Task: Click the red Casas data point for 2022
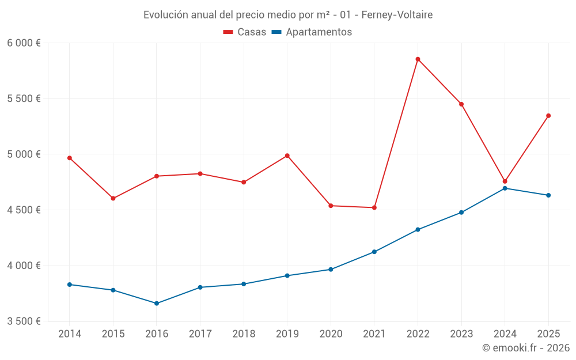click(418, 59)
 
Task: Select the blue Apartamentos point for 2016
click(157, 303)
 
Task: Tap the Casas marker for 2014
click(70, 158)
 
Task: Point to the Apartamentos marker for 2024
click(505, 188)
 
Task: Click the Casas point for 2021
click(374, 207)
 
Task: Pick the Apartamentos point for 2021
click(374, 252)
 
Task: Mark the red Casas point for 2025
click(548, 116)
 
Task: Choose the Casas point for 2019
click(287, 156)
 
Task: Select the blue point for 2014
click(70, 285)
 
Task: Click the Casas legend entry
click(245, 32)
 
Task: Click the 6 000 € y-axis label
click(24, 43)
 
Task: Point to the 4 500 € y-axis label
click(24, 210)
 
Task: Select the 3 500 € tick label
click(24, 321)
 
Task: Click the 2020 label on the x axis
click(331, 334)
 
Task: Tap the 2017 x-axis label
click(200, 334)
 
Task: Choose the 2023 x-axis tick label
click(461, 334)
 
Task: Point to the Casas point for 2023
click(461, 104)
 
